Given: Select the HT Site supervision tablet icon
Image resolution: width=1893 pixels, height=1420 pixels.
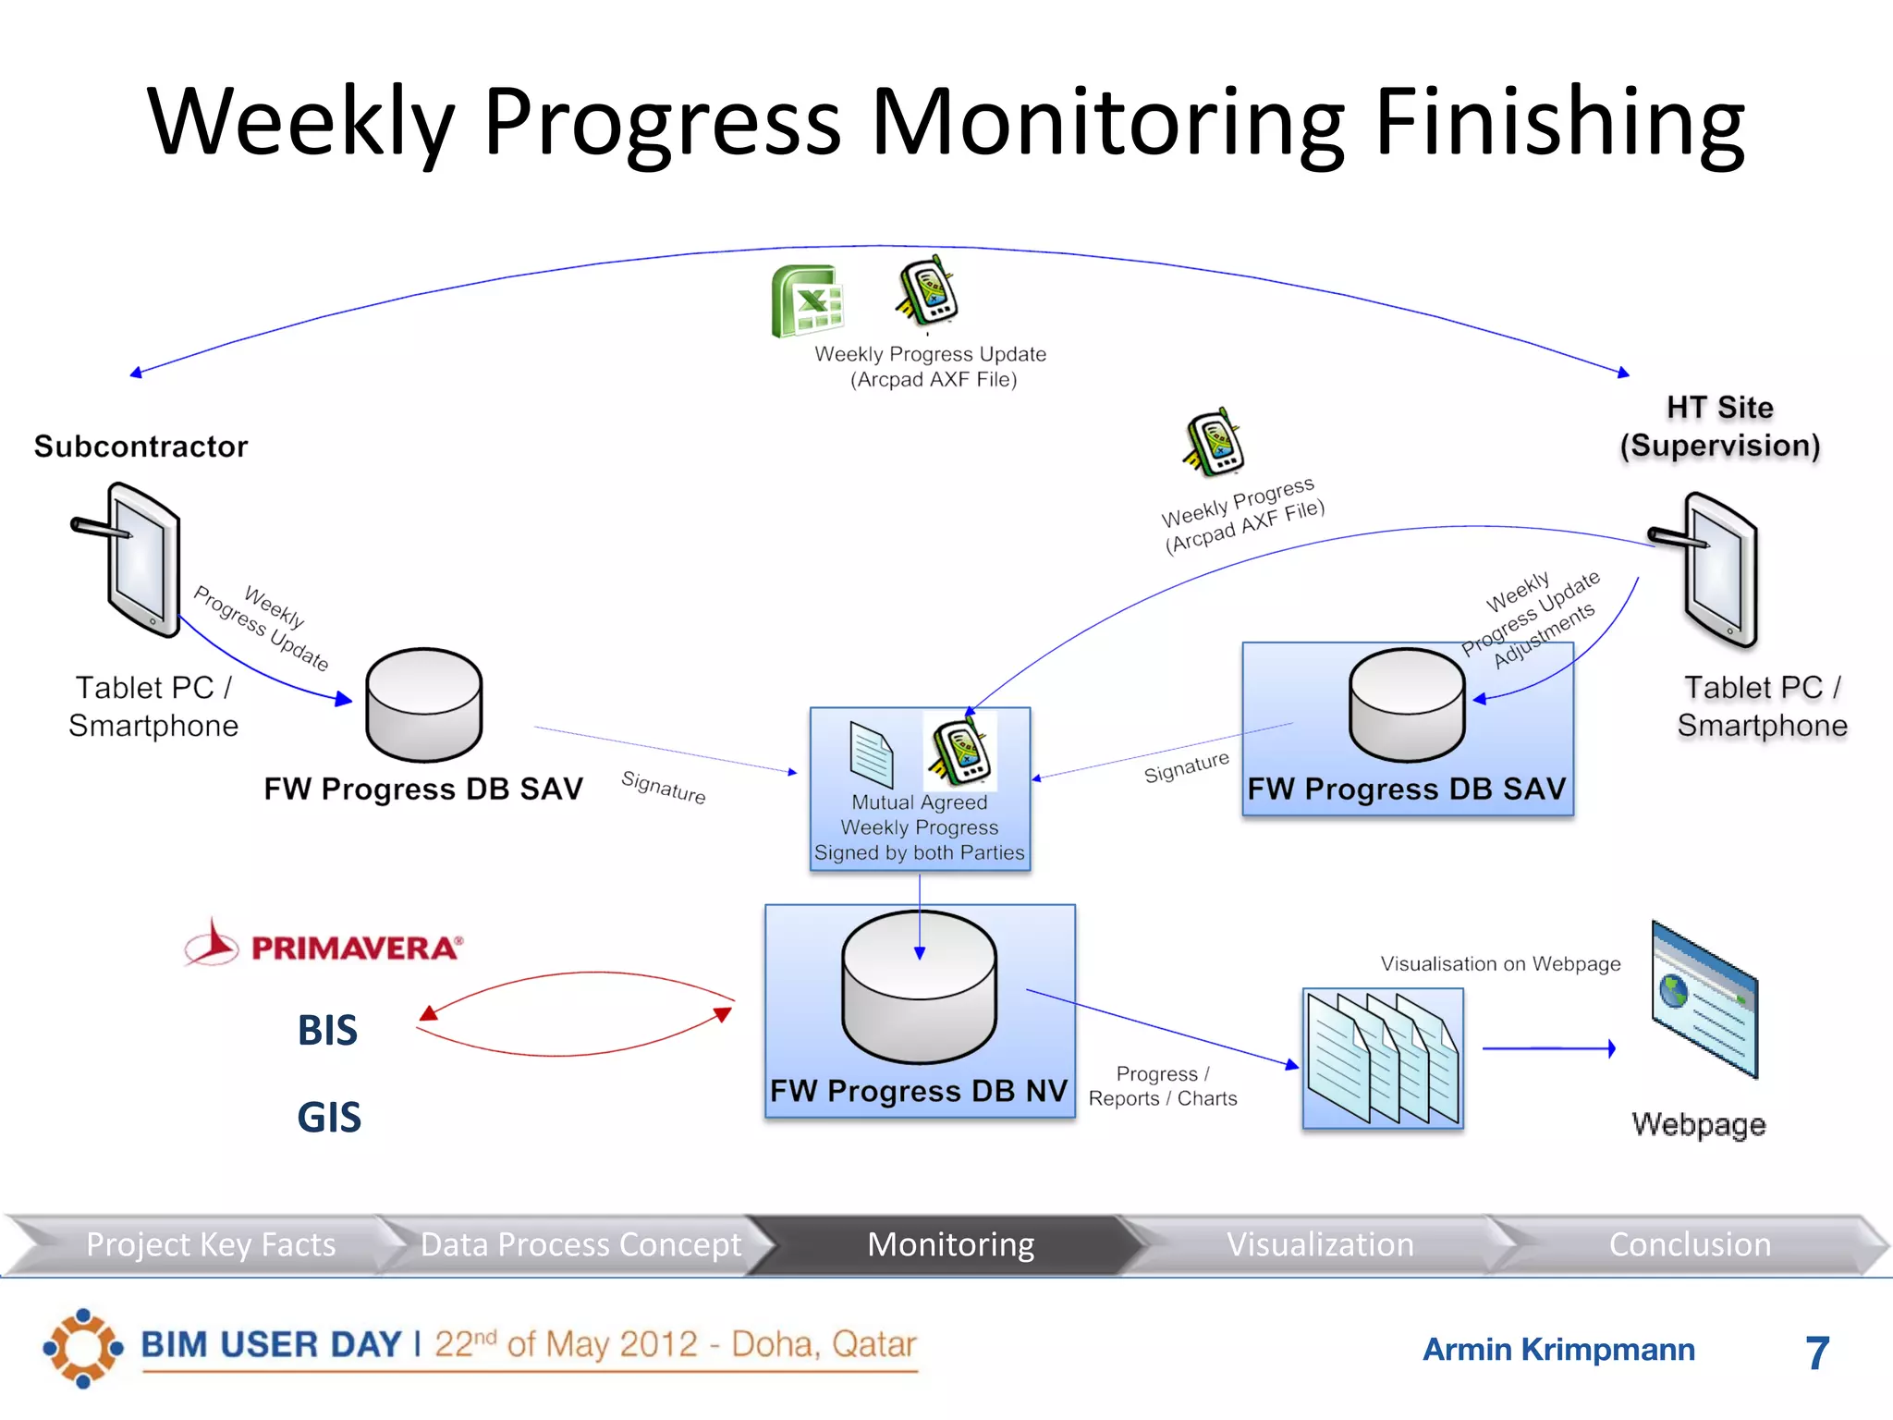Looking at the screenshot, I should (x=1716, y=569).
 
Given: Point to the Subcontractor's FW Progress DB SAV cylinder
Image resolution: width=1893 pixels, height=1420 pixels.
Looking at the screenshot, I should (x=424, y=704).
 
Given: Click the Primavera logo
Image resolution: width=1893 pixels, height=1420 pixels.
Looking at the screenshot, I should (x=324, y=945).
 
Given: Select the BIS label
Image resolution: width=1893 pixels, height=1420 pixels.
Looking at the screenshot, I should (x=327, y=1030).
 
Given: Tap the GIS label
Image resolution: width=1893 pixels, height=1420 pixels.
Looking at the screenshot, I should (x=329, y=1117).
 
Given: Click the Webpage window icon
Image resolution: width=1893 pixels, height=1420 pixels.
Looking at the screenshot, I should (x=1704, y=998).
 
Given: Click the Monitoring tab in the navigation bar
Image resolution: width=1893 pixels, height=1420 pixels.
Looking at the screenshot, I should (x=950, y=1244).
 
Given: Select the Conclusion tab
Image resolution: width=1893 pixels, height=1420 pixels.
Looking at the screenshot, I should (x=1690, y=1244).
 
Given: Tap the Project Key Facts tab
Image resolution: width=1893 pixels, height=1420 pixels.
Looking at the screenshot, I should (x=211, y=1244).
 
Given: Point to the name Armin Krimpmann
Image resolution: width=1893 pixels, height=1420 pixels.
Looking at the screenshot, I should (x=1558, y=1350).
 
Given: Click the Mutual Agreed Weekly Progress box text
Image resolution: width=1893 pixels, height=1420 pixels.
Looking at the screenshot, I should (x=920, y=827).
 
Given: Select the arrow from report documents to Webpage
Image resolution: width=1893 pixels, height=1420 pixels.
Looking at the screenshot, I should (x=1549, y=1048).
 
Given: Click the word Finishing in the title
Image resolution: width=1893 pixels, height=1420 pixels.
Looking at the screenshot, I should (x=1560, y=122).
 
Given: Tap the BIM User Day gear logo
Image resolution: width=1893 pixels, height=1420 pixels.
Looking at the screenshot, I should (x=82, y=1348).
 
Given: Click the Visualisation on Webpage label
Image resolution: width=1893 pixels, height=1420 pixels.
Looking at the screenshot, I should (x=1500, y=963).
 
